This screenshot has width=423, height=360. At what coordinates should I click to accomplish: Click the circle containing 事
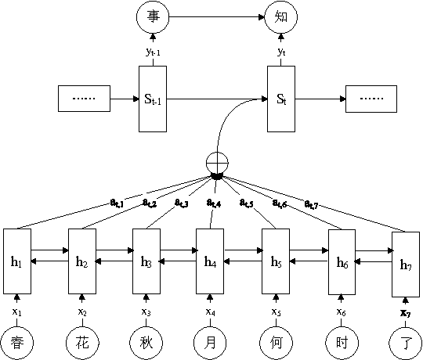(x=152, y=16)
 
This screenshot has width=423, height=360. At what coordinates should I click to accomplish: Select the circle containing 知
(x=281, y=16)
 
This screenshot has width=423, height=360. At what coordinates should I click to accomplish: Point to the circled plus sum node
(x=216, y=164)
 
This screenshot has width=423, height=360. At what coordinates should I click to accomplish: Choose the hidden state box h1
(x=17, y=261)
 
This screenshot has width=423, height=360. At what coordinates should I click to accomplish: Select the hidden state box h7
(x=405, y=265)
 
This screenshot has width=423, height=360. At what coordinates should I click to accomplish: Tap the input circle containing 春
(x=16, y=341)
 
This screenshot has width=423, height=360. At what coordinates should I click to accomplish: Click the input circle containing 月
(x=210, y=341)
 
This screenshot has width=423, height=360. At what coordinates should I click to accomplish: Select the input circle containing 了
(x=405, y=341)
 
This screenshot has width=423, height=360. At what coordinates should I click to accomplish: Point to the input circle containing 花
(x=81, y=341)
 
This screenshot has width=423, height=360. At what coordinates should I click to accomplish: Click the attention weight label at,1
(x=118, y=203)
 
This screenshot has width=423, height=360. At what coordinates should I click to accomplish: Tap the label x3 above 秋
(x=146, y=312)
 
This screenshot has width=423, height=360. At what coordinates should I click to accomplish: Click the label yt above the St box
(x=281, y=52)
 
